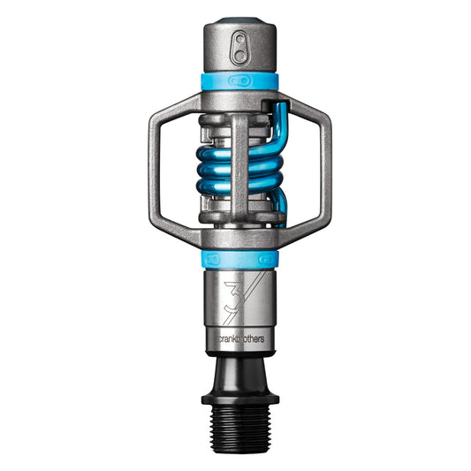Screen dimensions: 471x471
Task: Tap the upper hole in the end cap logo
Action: point(239,40)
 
